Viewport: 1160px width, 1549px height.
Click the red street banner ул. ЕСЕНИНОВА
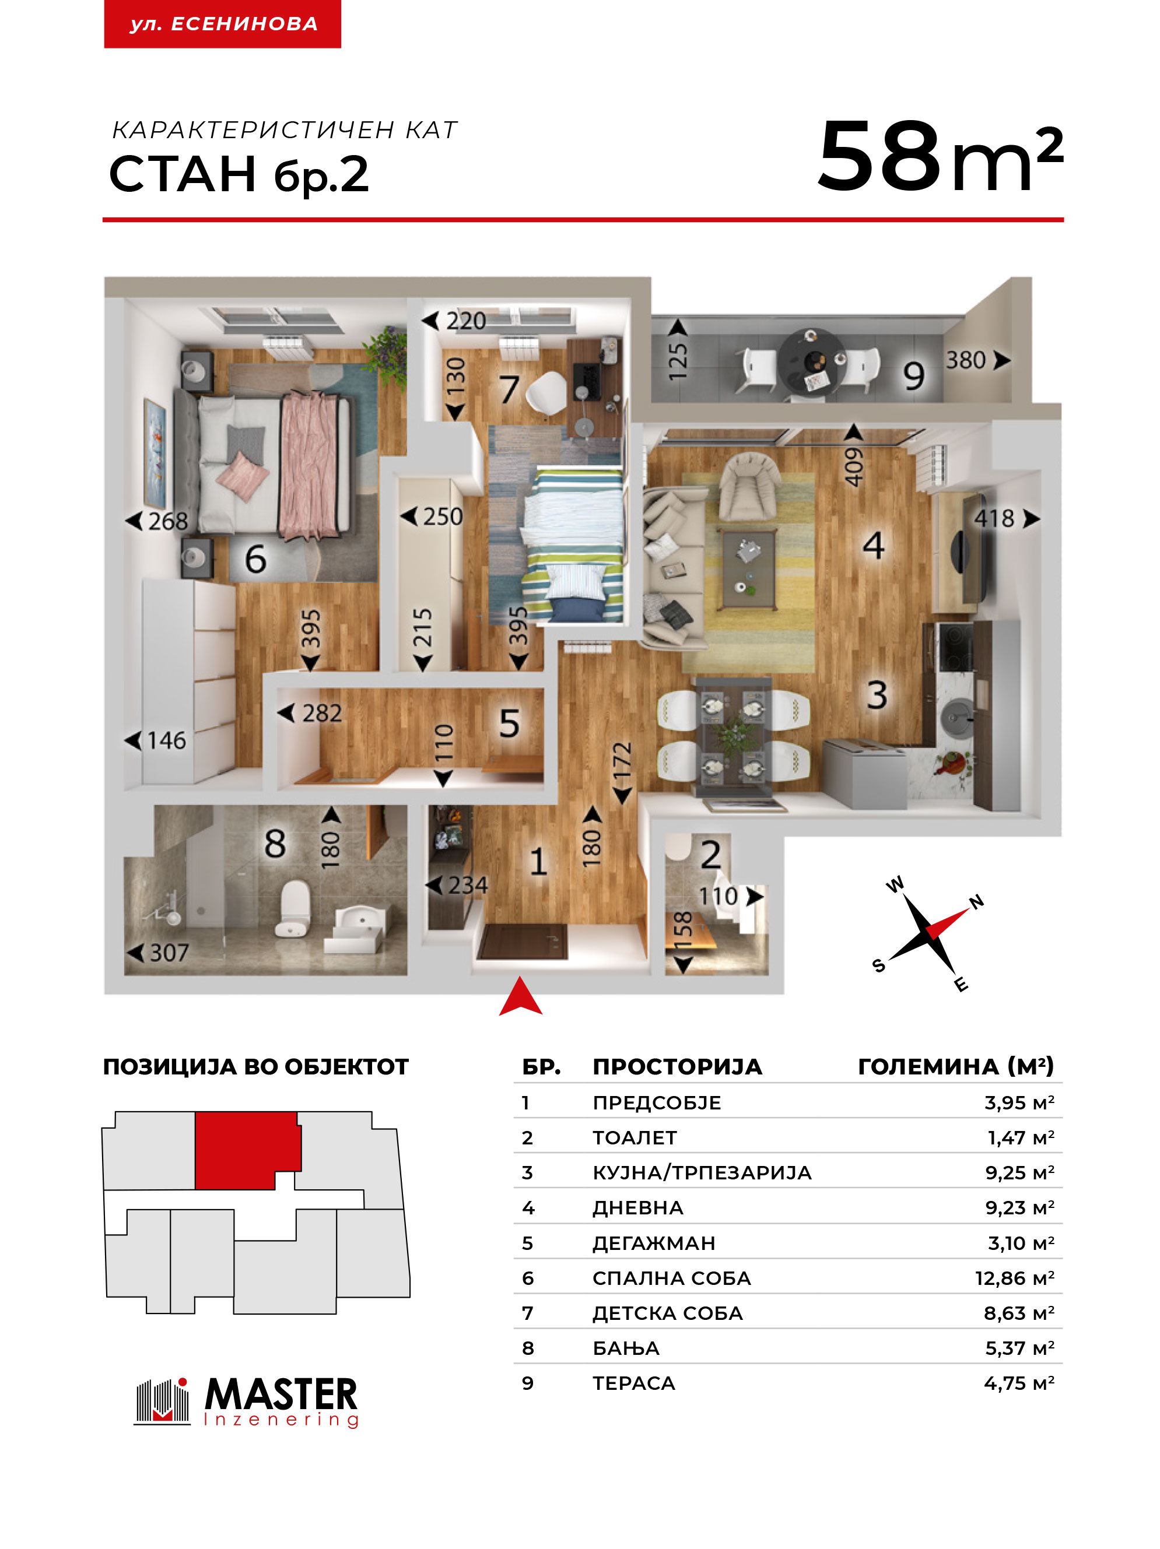(x=222, y=24)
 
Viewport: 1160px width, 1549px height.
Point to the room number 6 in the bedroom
(x=255, y=559)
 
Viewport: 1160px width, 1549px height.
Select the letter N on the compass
(x=976, y=901)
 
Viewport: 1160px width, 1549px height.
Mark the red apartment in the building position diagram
(x=247, y=1150)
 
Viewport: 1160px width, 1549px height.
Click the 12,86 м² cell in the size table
(x=1014, y=1278)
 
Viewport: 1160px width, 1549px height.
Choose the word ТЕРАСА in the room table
(x=633, y=1383)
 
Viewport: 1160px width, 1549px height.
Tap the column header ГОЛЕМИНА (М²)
(x=955, y=1066)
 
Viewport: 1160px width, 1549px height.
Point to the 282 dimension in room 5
(x=321, y=713)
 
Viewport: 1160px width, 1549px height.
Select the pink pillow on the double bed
(x=243, y=476)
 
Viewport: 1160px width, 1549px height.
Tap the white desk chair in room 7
(x=546, y=393)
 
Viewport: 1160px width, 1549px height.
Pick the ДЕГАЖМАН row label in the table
(x=654, y=1243)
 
